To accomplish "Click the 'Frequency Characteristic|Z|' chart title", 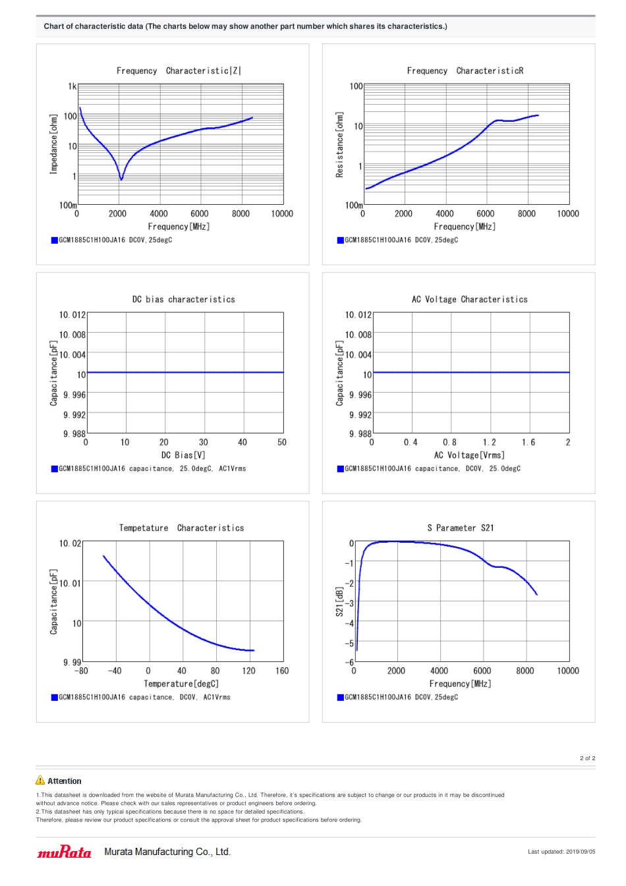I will coord(179,71).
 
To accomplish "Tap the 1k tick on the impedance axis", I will coord(72,86).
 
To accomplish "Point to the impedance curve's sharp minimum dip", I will coord(121,179).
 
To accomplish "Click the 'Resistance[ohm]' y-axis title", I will coord(340,144).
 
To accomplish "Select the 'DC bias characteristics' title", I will coord(183,300).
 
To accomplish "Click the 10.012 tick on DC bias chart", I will coord(72,315).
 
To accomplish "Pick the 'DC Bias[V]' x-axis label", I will coord(183,455).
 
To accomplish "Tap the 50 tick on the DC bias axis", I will coord(282,443).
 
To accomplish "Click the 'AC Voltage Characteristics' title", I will coord(470,300).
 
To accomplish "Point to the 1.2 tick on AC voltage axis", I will coord(490,443).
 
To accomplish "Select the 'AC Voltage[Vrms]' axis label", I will coord(469,455).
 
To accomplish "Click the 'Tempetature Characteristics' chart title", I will coord(181,528).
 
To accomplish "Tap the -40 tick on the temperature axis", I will coord(115,671).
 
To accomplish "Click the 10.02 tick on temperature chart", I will coord(71,543).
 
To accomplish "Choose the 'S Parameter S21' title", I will coord(461,528).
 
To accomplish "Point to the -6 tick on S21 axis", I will coord(351,662).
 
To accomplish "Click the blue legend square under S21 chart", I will coord(341,698).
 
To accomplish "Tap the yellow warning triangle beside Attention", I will coord(40,781).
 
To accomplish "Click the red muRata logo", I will coord(65,852).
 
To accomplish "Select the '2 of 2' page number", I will coord(587,758).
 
